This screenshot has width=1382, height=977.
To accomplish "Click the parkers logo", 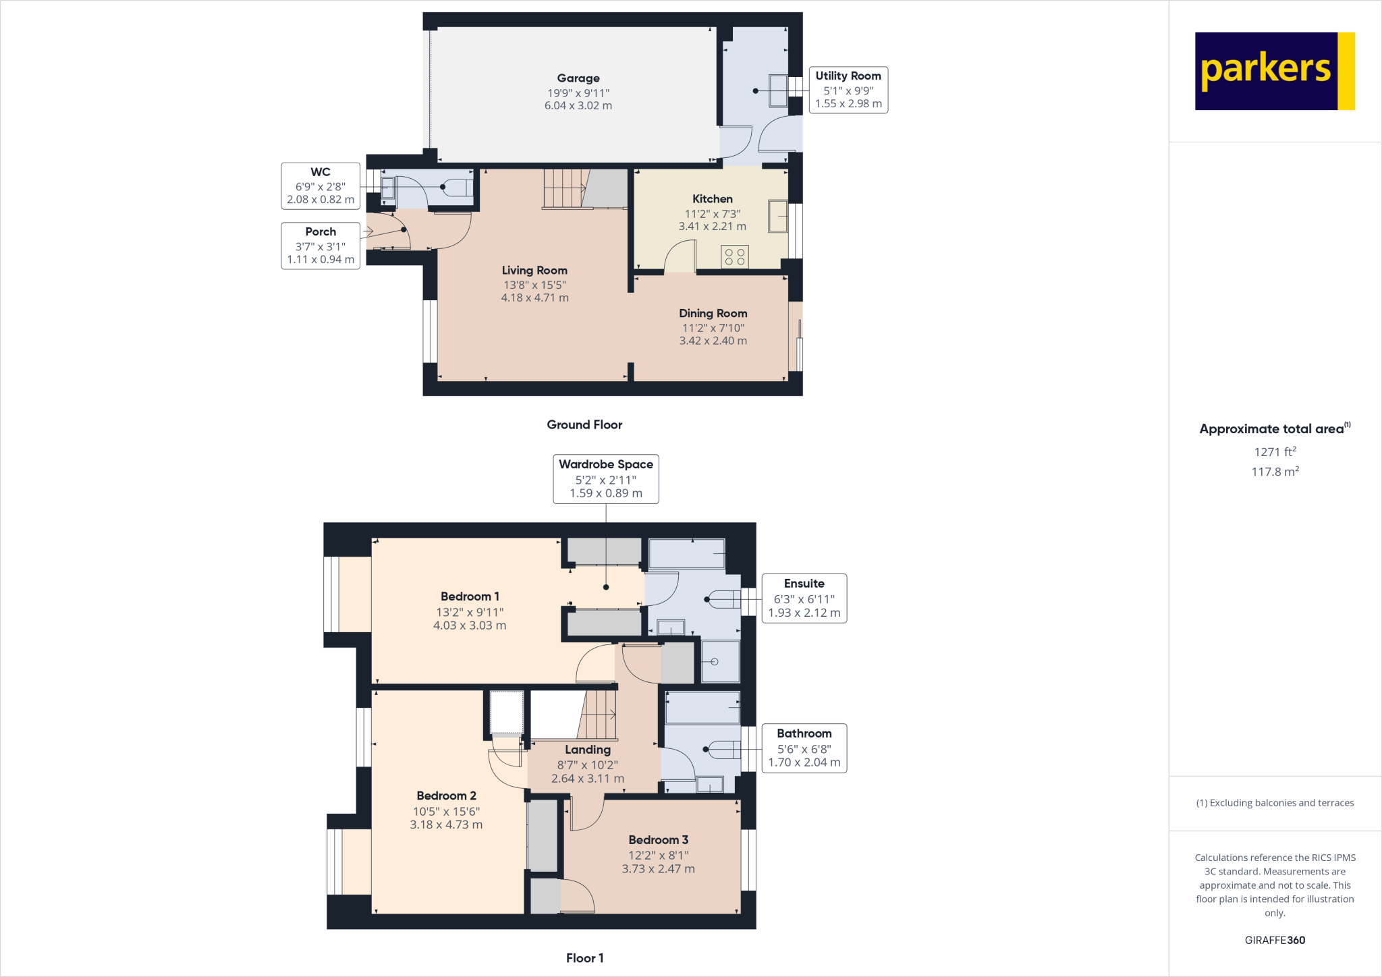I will tap(1274, 71).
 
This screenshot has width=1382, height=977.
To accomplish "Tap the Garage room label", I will tap(578, 78).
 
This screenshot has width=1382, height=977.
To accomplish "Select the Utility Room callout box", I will tap(848, 90).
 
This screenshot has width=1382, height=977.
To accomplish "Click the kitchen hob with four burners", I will tap(734, 257).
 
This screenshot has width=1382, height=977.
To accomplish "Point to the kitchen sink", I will tap(777, 216).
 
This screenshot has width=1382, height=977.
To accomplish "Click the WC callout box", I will tap(321, 186).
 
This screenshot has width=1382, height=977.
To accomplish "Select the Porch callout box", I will tap(321, 246).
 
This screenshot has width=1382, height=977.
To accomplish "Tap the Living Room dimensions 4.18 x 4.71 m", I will tap(534, 298).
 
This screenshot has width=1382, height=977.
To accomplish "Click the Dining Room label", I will tap(713, 313).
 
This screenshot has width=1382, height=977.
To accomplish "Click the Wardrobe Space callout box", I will tap(605, 478).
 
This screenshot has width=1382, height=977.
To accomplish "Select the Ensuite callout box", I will tap(804, 598).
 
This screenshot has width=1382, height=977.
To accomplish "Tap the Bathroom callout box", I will tap(804, 748).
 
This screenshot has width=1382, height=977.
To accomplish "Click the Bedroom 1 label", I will tap(470, 596).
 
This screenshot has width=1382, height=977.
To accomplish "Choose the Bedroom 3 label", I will tap(658, 840).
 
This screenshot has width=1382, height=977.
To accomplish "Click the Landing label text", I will tap(587, 750).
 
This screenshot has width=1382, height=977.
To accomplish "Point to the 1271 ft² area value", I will tap(1274, 452).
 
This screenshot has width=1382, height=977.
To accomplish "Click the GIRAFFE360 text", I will tap(1274, 940).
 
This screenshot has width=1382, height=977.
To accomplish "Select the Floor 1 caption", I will tap(584, 958).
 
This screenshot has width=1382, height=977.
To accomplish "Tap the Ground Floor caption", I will tap(584, 424).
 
